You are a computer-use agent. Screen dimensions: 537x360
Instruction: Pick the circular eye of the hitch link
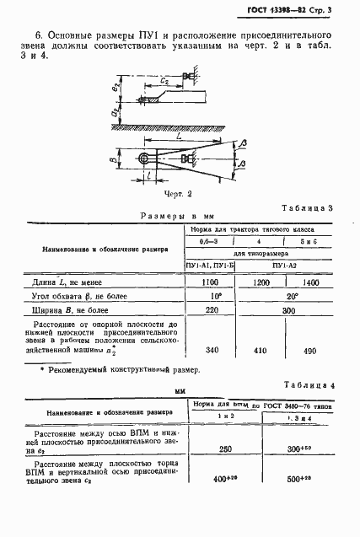click(x=147, y=159)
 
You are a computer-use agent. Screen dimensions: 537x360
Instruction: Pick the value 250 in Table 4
click(x=225, y=449)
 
